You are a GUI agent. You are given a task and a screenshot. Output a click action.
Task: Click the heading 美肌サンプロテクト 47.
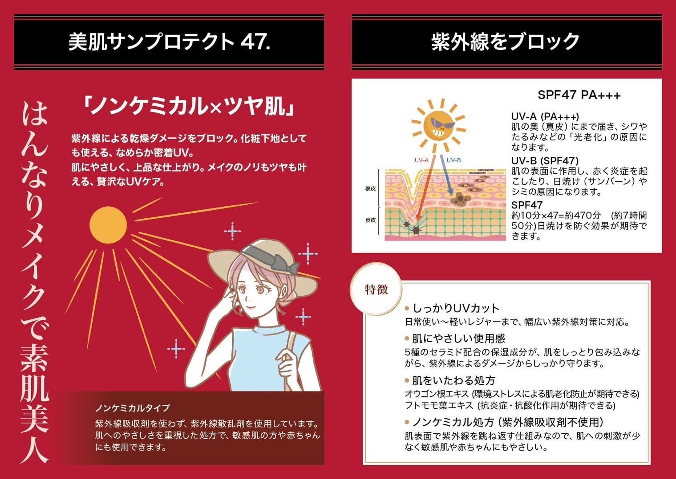pyautogui.click(x=169, y=42)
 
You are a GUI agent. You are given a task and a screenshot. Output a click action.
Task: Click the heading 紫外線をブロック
pyautogui.click(x=506, y=42)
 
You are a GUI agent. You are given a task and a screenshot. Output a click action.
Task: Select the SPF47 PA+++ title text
pyautogui.click(x=579, y=95)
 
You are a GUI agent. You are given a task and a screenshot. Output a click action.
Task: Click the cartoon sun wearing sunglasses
pyautogui.click(x=438, y=126)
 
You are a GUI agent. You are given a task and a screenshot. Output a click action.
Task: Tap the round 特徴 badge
pyautogui.click(x=376, y=290)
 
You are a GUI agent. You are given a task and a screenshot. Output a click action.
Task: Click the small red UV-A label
pyautogui.click(x=421, y=160)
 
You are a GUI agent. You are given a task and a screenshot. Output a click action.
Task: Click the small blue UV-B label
pyautogui.click(x=453, y=160)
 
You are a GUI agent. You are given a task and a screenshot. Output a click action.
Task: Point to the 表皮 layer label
pyautogui.click(x=370, y=188)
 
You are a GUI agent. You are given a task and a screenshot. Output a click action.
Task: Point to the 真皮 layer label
pyautogui.click(x=370, y=220)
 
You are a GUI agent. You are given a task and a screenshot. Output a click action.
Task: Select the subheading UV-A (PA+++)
pyautogui.click(x=545, y=117)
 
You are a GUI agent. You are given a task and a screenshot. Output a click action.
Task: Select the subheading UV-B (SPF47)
pyautogui.click(x=545, y=160)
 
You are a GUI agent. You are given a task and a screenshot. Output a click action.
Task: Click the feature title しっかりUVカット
pyautogui.click(x=456, y=308)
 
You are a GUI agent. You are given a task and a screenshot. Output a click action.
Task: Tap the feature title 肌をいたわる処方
pyautogui.click(x=453, y=380)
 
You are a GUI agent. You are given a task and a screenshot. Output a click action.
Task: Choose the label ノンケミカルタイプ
pyautogui.click(x=132, y=408)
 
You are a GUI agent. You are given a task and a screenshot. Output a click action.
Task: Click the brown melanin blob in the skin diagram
pyautogui.click(x=460, y=198)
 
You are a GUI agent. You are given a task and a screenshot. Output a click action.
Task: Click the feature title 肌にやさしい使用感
pyautogui.click(x=458, y=339)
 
